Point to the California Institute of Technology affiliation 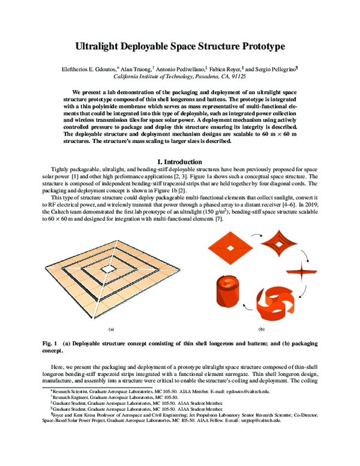[x=179, y=77]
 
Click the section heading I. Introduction [x=179, y=162]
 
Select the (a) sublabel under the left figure [x=111, y=330]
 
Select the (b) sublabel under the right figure [x=262, y=330]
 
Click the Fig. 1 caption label [x=50, y=342]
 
